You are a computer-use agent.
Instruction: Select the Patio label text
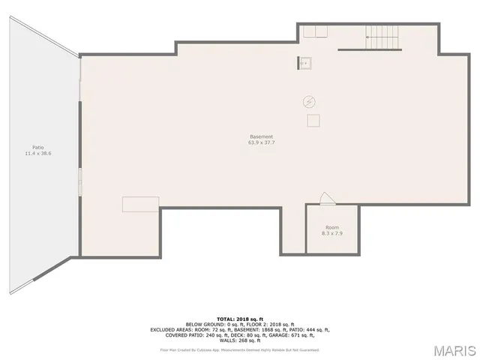(37, 147)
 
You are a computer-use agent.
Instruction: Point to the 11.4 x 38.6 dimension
(37, 153)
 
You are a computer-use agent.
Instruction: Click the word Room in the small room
(331, 227)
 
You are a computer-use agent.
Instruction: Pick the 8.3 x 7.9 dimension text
(331, 233)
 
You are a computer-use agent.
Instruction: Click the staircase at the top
(381, 33)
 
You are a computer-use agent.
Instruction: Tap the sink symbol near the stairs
(304, 63)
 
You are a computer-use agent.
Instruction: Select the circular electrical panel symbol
(308, 101)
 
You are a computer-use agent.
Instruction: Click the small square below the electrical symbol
(313, 120)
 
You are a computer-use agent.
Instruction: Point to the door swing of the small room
(326, 198)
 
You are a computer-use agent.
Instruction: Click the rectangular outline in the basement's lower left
(140, 204)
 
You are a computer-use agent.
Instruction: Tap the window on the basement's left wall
(79, 181)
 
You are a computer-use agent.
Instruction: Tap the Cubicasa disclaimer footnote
(240, 349)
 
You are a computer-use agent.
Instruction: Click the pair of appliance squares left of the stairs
(316, 31)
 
